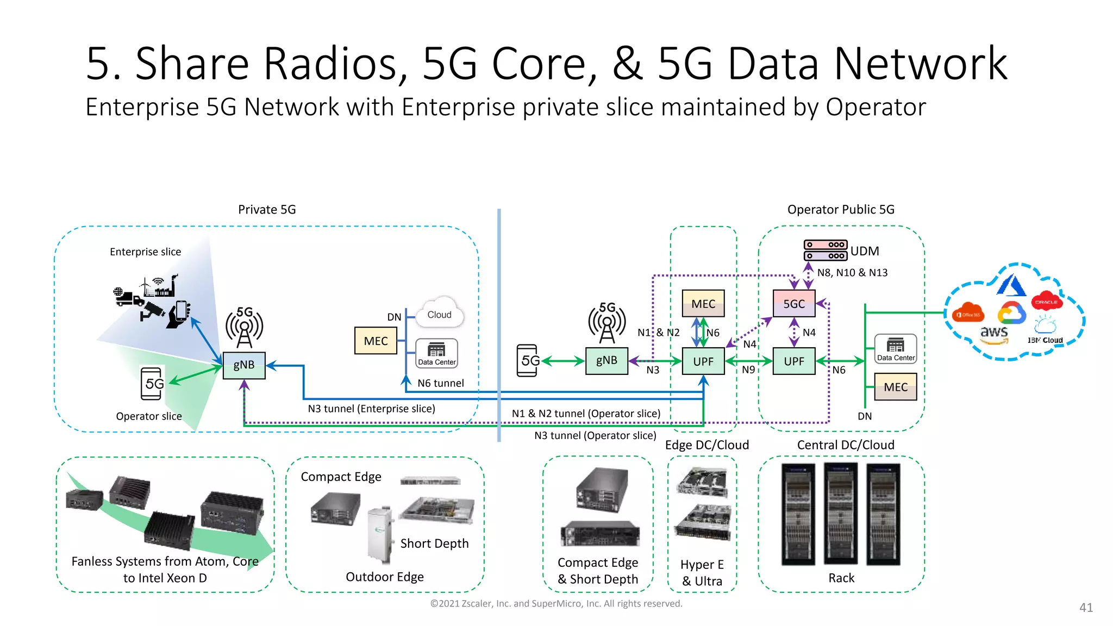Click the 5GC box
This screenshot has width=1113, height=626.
pos(793,303)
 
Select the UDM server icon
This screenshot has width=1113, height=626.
pos(825,251)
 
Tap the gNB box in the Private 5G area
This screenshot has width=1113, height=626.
pos(244,365)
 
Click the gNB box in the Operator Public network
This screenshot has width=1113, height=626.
pos(606,360)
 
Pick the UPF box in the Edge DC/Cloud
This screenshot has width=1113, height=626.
pos(703,361)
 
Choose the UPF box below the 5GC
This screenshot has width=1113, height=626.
pos(793,361)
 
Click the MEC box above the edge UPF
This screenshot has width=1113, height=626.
pos(703,303)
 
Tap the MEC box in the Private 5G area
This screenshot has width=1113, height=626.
pos(376,341)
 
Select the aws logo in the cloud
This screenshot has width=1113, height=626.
pos(994,333)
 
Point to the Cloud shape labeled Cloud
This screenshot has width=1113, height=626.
pos(439,314)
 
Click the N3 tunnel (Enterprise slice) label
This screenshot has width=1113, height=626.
pos(371,409)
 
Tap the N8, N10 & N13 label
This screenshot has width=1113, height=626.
pos(852,273)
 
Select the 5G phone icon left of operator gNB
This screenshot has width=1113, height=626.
pos(527,360)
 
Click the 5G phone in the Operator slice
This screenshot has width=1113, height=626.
pos(152,384)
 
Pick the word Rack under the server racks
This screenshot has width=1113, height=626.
pos(841,578)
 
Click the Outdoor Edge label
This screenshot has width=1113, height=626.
pos(384,577)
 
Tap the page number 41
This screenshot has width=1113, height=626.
pos(1085,608)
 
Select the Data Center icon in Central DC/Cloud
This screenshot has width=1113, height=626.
pos(895,348)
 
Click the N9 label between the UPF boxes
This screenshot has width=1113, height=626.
pos(748,370)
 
